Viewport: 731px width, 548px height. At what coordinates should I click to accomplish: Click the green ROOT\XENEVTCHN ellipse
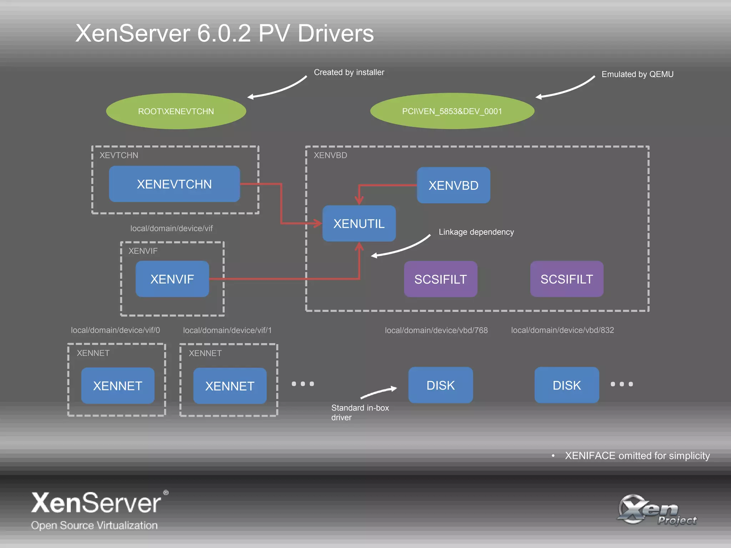coord(176,111)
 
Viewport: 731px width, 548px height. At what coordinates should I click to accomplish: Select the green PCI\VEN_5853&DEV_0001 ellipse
coord(452,111)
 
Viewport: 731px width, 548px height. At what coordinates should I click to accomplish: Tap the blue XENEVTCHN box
coord(174,184)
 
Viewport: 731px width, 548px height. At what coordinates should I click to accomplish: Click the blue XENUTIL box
coord(359,224)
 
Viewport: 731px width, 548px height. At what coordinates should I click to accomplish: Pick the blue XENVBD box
coord(453,186)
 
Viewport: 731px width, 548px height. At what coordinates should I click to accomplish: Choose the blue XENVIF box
coord(172,279)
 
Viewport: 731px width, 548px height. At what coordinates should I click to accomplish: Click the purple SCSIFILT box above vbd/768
coord(440,279)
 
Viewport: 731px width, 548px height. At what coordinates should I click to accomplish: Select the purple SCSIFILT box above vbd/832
coord(566,279)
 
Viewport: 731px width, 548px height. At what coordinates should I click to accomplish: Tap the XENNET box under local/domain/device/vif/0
coord(117,386)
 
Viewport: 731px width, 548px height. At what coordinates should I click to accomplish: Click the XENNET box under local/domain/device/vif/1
coord(230,386)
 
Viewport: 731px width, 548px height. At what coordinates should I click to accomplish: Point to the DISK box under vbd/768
coord(440,385)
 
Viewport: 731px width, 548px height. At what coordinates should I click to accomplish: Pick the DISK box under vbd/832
coord(566,385)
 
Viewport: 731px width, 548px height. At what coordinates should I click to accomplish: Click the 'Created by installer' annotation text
coord(349,72)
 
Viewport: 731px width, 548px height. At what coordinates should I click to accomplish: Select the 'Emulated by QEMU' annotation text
coord(637,74)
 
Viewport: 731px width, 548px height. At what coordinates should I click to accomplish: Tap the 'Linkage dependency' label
coord(476,232)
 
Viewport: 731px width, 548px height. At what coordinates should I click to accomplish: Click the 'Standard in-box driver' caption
coord(359,412)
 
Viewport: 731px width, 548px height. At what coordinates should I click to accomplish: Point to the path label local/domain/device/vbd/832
coord(562,330)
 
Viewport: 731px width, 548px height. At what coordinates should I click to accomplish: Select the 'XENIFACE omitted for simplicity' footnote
coord(637,456)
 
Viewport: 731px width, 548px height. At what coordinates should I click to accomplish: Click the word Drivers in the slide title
coord(336,34)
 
